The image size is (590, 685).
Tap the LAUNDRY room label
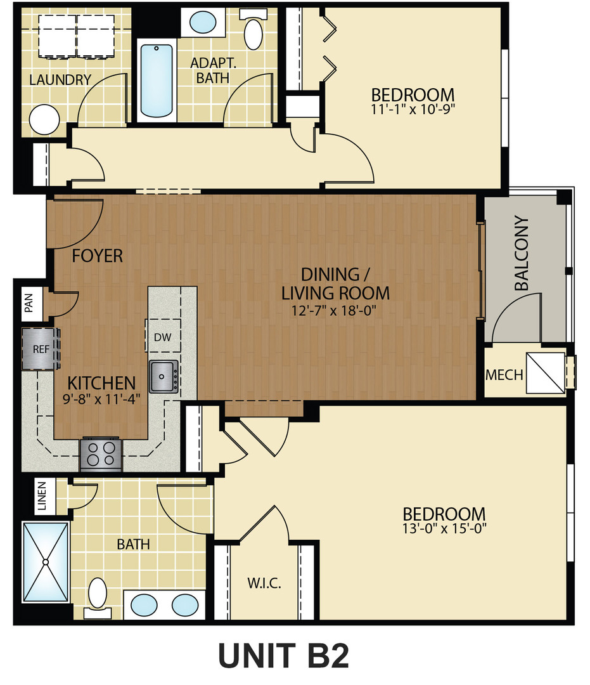(60, 80)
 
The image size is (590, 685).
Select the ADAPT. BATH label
(210, 70)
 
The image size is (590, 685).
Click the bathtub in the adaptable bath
(157, 81)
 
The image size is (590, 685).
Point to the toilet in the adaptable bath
(253, 32)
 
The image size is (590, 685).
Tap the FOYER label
(97, 256)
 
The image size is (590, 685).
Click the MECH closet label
(504, 375)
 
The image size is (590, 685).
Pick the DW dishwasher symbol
(163, 337)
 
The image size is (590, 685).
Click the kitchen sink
(164, 377)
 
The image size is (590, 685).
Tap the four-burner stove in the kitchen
(100, 454)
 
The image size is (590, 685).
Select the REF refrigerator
(40, 348)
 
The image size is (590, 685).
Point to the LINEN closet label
(42, 497)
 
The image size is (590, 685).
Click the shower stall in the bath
(46, 562)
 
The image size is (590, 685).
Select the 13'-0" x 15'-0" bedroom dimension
(444, 527)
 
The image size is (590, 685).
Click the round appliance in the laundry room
(44, 119)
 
